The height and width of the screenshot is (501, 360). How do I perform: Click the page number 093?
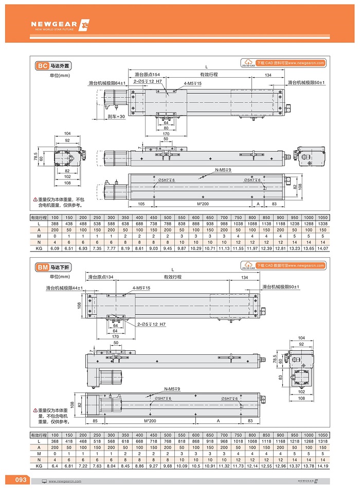click(x=21, y=480)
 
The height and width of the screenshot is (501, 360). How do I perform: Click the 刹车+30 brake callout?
click(x=116, y=117)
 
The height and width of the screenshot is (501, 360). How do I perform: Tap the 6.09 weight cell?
click(x=56, y=248)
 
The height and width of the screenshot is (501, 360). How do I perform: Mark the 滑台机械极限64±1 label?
click(x=107, y=83)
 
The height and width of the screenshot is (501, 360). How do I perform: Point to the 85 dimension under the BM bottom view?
click(x=96, y=421)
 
